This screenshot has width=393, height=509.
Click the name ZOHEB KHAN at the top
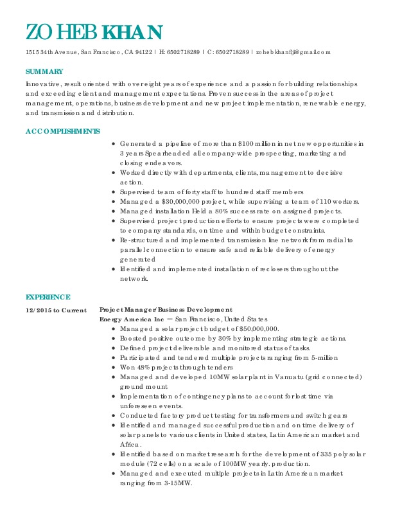[94, 32]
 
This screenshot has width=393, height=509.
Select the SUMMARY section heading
[44, 71]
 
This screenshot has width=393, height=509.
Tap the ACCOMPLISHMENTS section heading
[62, 131]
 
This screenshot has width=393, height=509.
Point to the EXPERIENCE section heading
[48, 297]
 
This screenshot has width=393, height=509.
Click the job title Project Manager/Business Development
[166, 310]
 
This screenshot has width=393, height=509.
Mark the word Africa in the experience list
[132, 445]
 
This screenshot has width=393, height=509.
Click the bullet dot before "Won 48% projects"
[113, 367]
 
